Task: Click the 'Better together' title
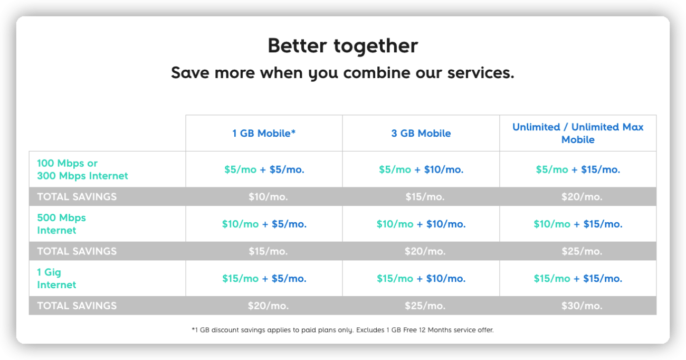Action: click(342, 46)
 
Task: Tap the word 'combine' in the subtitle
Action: click(377, 73)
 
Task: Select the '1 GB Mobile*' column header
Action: click(264, 133)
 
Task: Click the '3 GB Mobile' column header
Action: click(421, 133)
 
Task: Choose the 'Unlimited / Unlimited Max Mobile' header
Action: click(578, 133)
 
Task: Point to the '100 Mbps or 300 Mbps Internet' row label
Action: click(82, 169)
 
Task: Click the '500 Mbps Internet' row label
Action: click(61, 224)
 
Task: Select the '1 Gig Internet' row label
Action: click(56, 279)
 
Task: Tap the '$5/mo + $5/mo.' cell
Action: click(264, 169)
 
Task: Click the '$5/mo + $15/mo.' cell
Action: click(578, 169)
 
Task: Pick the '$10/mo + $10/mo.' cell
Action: click(421, 224)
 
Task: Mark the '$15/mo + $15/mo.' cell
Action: click(578, 279)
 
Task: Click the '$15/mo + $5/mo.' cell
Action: click(264, 279)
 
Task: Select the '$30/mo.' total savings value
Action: click(582, 306)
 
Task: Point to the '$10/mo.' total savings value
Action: click(268, 197)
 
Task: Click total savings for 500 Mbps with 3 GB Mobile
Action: click(425, 251)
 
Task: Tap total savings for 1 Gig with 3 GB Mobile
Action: click(425, 306)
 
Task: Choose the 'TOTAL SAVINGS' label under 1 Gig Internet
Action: click(77, 306)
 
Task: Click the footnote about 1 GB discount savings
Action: click(342, 330)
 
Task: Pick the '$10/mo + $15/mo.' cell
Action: click(578, 224)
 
